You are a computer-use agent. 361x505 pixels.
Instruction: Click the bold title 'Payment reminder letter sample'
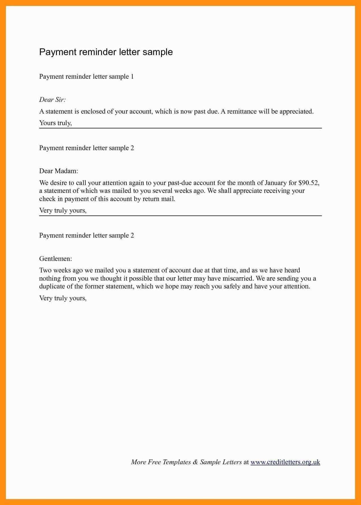106,52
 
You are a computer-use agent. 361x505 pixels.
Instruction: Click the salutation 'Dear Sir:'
52,100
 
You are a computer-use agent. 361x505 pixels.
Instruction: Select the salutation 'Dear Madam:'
58,171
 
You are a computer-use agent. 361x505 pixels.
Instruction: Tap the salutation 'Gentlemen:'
55,259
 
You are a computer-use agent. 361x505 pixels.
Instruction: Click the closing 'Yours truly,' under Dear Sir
55,123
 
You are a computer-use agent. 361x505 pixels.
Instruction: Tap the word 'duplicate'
52,286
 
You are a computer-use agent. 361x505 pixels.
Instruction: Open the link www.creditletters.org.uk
285,462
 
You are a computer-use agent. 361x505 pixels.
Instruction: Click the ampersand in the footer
195,462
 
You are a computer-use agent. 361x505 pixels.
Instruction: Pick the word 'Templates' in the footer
176,462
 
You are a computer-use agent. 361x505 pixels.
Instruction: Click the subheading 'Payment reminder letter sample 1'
86,77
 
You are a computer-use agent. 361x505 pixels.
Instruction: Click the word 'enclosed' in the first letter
93,111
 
